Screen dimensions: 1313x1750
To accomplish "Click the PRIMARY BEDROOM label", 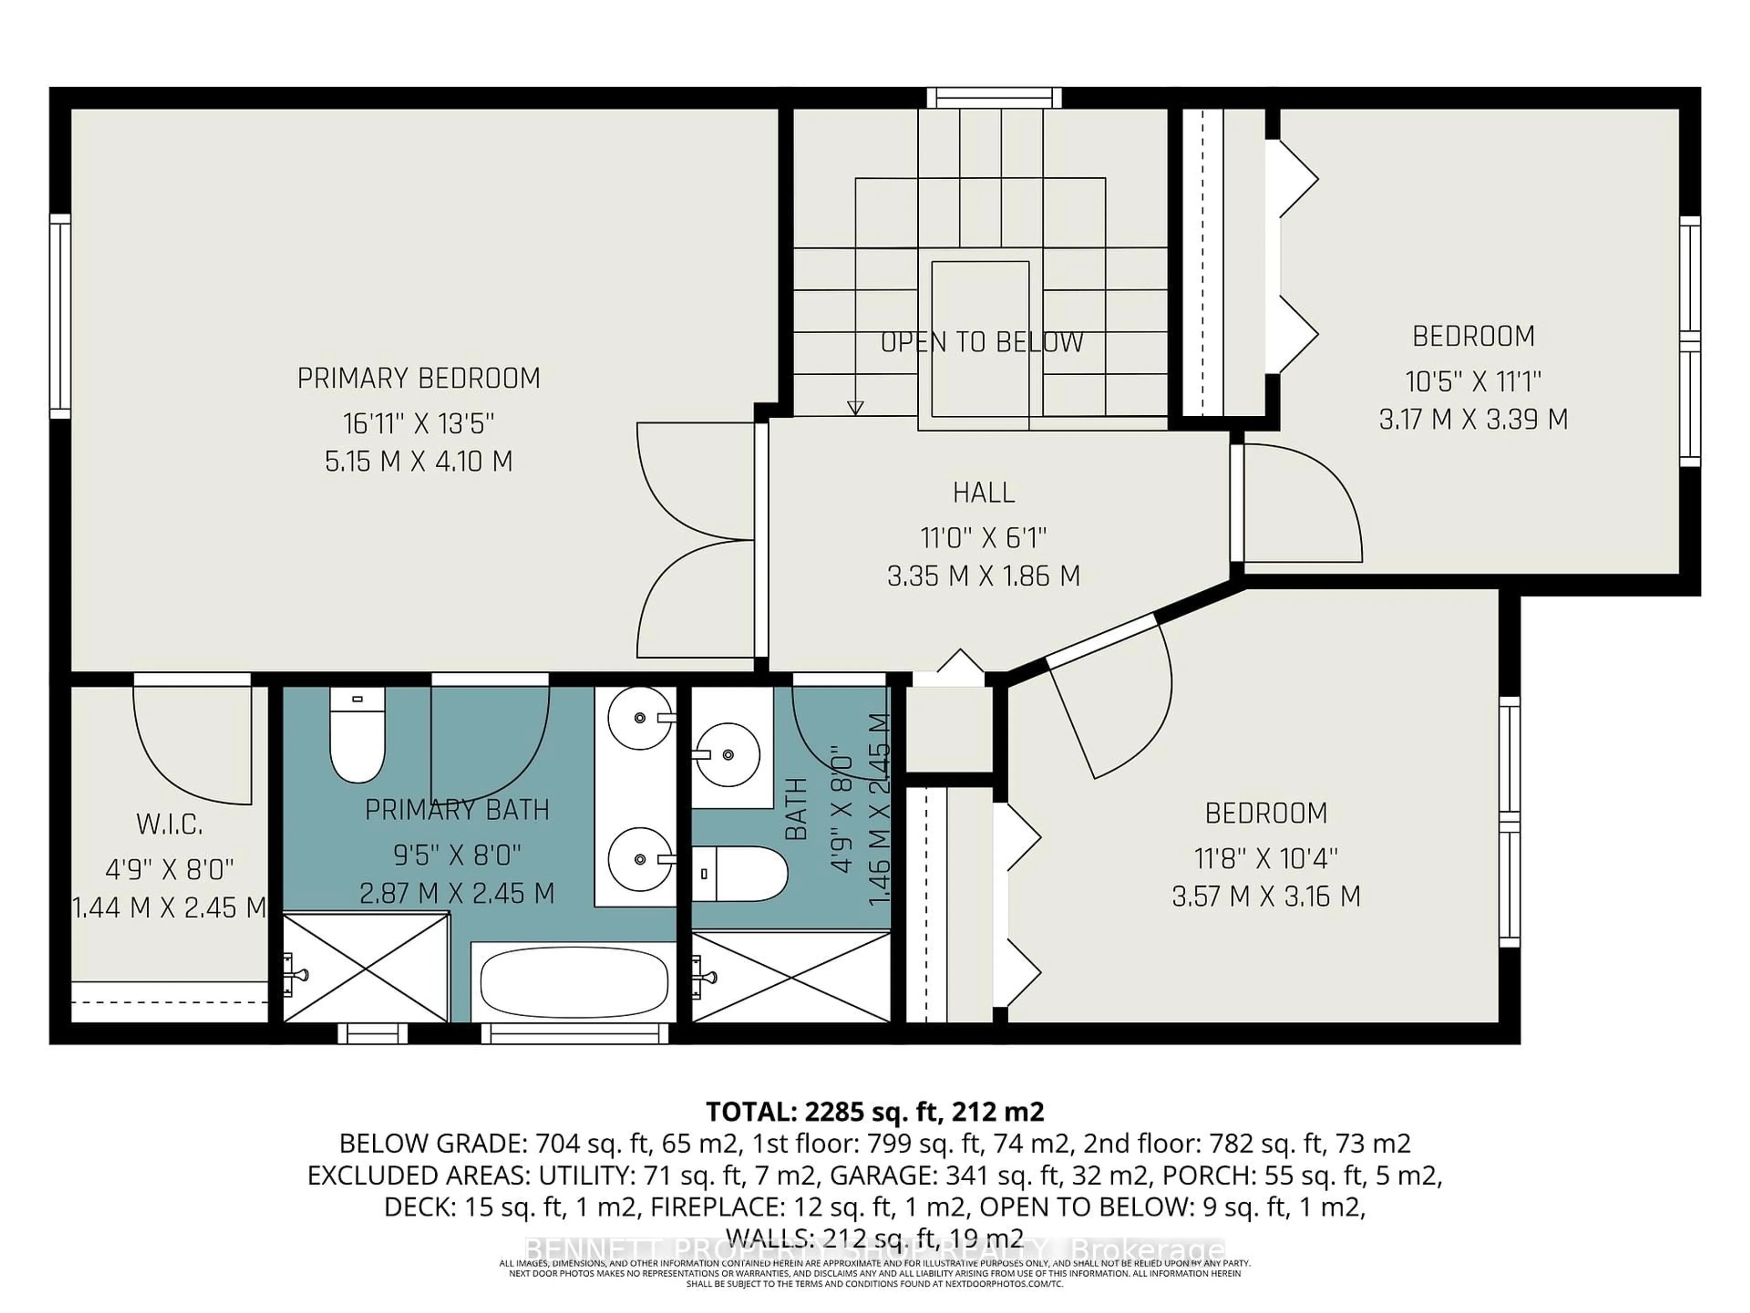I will (x=418, y=378).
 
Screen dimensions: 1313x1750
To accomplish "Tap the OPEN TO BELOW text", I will (x=981, y=342).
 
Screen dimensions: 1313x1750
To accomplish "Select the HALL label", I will (x=983, y=492).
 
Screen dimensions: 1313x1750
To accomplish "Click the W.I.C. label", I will (x=170, y=825).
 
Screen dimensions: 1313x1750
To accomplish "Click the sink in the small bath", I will (x=726, y=754).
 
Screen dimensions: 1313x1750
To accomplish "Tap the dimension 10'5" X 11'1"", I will (x=1473, y=382).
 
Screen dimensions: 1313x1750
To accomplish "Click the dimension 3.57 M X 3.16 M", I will (x=1266, y=897).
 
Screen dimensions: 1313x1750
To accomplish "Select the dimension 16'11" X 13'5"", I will (x=418, y=424).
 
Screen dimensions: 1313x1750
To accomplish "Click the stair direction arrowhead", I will (x=854, y=408).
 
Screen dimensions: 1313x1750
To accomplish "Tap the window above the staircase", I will (x=993, y=98).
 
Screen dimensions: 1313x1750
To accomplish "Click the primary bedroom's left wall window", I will (x=60, y=316).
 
